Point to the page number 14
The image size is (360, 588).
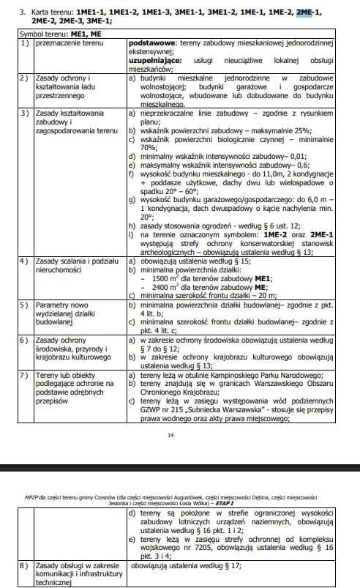pyautogui.click(x=170, y=436)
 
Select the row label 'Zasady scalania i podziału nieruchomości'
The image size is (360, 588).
pyautogui.click(x=64, y=265)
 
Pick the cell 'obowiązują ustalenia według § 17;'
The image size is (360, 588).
pyautogui.click(x=192, y=566)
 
